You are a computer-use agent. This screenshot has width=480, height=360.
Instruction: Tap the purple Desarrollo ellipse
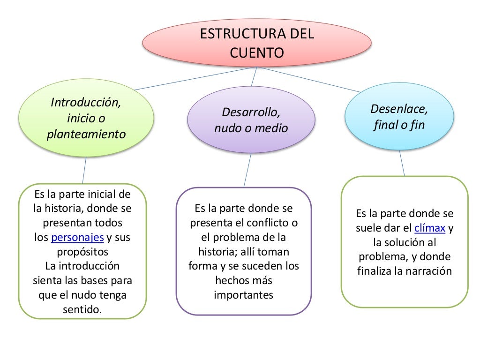(x=251, y=120)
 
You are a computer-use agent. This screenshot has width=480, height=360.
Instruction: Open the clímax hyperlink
(x=430, y=229)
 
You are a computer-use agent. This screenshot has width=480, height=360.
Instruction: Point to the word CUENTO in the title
(x=257, y=52)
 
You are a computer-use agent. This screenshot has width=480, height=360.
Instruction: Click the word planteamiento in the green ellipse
(x=86, y=135)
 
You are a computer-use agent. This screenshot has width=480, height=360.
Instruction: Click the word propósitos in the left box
(x=82, y=252)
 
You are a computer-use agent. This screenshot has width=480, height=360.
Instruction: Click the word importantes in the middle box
(x=243, y=295)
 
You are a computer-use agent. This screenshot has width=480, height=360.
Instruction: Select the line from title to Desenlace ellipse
(x=309, y=80)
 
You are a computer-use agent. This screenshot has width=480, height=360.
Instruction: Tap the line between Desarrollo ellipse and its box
(x=247, y=170)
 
